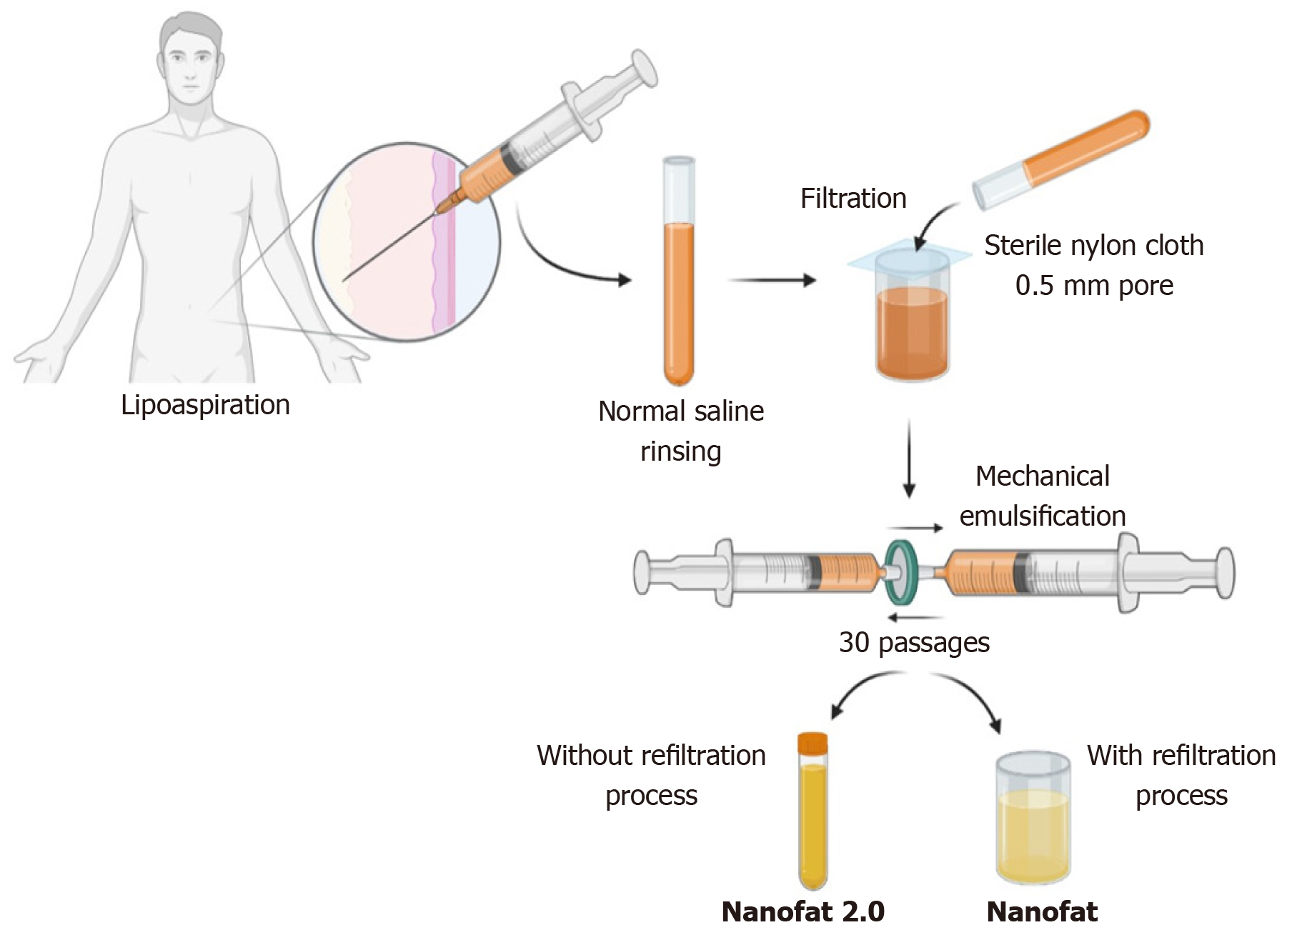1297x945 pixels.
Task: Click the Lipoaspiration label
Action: point(205,405)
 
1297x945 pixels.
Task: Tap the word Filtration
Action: point(853,199)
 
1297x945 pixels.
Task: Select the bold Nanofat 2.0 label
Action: point(803,911)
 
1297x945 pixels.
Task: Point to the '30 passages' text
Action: point(914,642)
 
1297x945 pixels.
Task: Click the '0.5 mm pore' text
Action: point(1094,285)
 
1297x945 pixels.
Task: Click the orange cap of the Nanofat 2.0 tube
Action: point(813,744)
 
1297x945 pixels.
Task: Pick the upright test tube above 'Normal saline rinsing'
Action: point(678,271)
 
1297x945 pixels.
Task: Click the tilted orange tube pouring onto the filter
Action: point(1061,160)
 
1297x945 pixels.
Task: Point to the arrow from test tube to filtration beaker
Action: point(772,280)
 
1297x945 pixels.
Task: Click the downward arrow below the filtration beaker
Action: point(909,457)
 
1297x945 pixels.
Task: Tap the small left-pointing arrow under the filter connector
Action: point(915,617)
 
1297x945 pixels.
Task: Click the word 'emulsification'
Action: point(1042,516)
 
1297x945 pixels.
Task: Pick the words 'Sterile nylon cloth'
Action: point(1093,245)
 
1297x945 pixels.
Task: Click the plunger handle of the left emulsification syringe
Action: point(644,572)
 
